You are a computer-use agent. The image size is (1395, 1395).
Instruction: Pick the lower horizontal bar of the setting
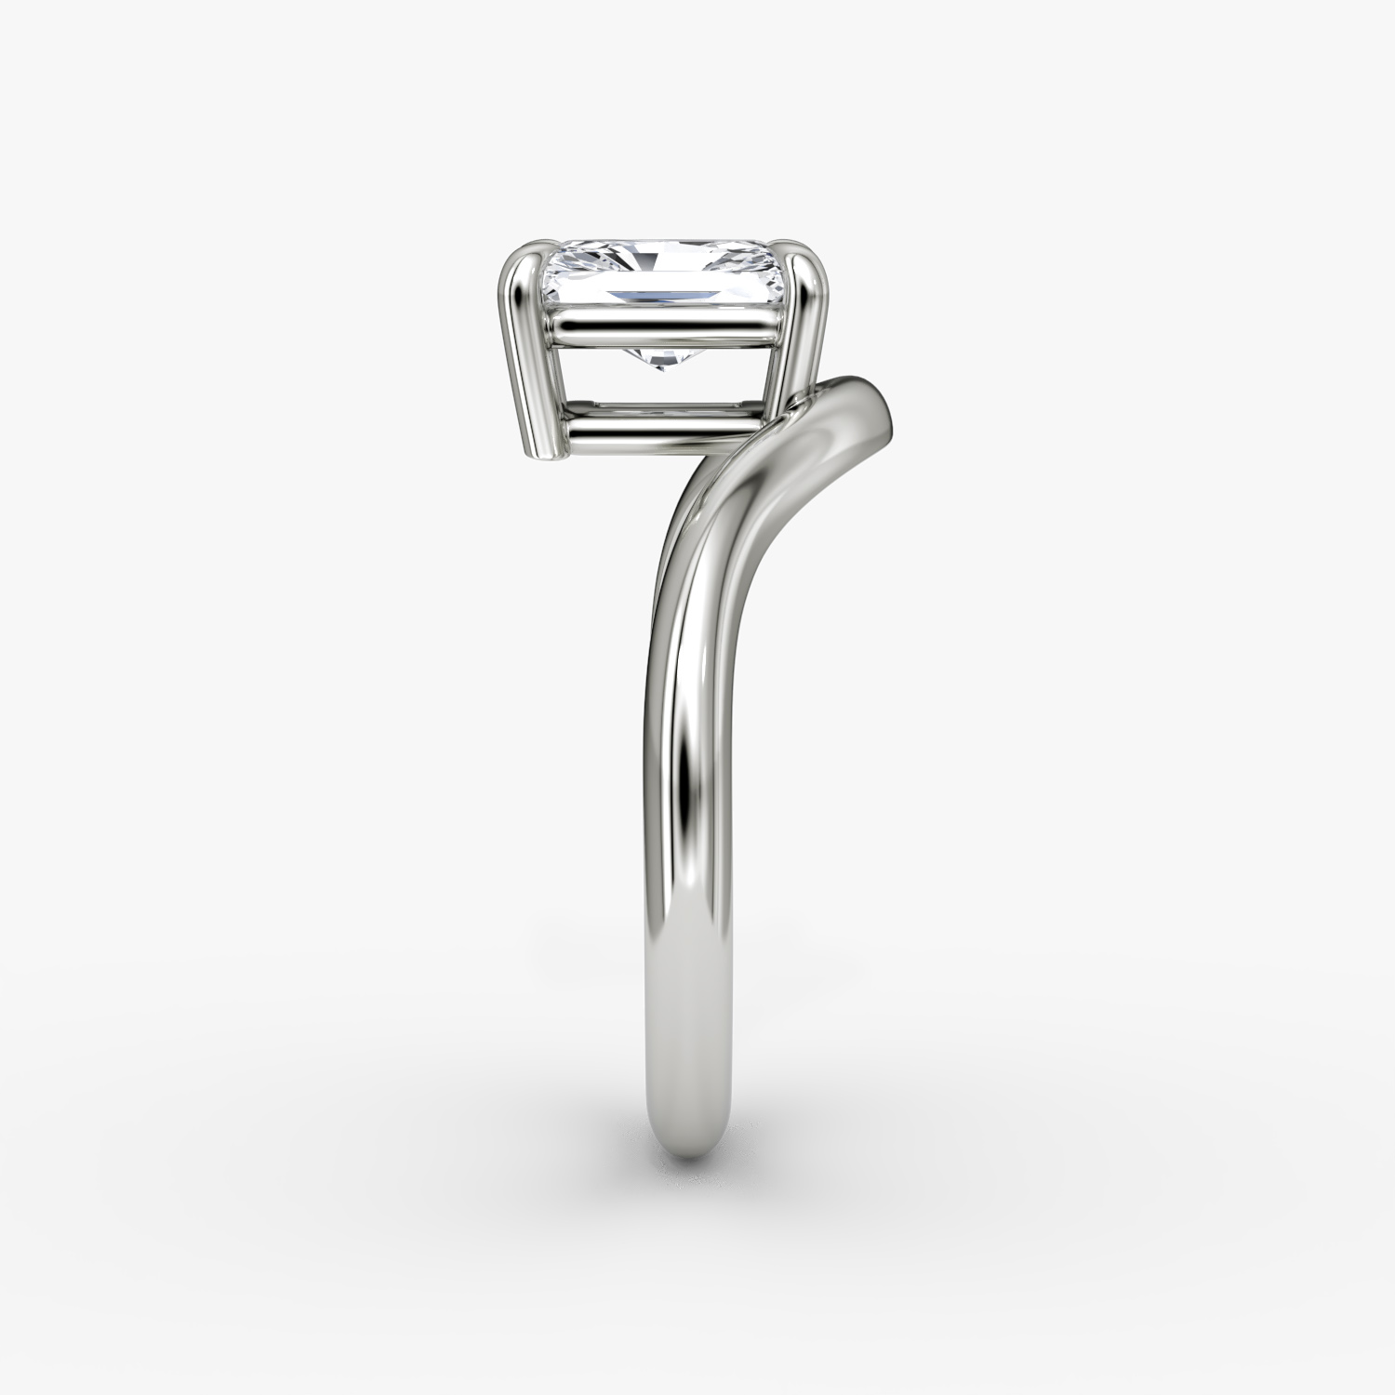665,432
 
